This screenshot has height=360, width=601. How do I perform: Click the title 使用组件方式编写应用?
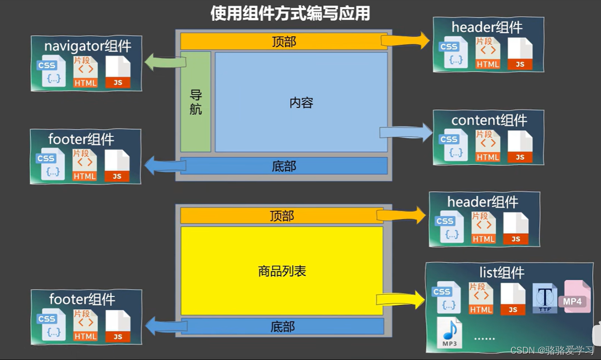click(290, 13)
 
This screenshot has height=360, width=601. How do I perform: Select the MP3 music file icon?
click(449, 333)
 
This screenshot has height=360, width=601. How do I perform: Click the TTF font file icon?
click(545, 297)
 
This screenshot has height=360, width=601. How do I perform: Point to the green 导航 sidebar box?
click(196, 102)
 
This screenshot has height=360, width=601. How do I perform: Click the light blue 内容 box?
click(301, 102)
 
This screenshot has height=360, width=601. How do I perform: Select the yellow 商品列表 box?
click(282, 270)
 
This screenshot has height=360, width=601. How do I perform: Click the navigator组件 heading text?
click(88, 46)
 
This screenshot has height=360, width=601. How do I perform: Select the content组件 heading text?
click(489, 120)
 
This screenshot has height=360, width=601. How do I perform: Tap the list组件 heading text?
click(502, 272)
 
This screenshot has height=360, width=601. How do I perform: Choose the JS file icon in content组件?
click(520, 147)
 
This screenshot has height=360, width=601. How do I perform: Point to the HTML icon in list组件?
click(481, 298)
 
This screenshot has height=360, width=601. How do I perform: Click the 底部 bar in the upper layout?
click(284, 166)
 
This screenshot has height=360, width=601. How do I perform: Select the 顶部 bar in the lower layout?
click(281, 216)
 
